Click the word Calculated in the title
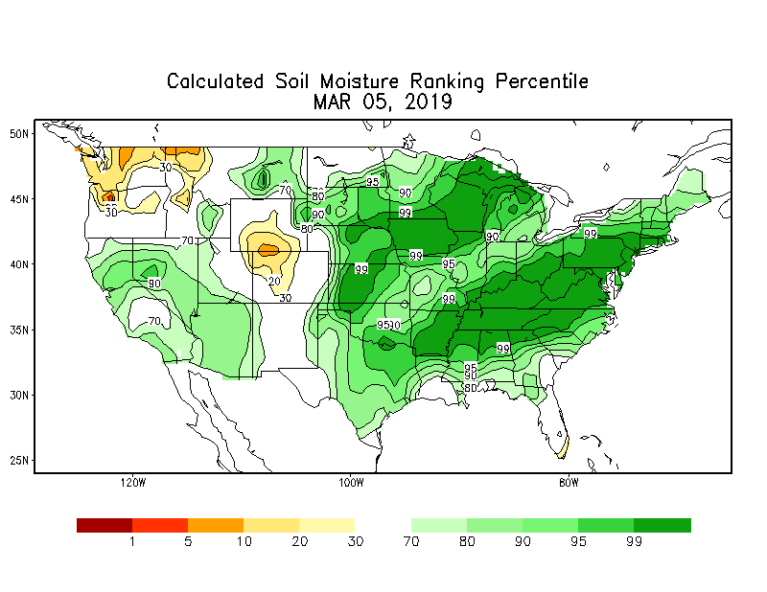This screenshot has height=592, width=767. click(x=216, y=81)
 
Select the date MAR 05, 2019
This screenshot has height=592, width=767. click(x=383, y=102)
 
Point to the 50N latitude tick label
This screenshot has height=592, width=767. click(x=18, y=133)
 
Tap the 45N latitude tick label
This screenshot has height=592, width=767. click(x=18, y=198)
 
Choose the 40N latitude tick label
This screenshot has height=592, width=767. click(x=18, y=263)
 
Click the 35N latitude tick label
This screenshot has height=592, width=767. click(x=18, y=329)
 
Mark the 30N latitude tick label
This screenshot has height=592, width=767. click(x=18, y=394)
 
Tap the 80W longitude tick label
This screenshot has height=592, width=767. click(x=569, y=482)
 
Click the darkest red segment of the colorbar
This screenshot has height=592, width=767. click(x=104, y=525)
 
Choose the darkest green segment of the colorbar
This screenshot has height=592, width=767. click(x=662, y=525)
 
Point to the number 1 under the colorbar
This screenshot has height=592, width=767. click(x=132, y=542)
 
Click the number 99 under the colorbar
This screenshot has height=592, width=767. click(x=635, y=542)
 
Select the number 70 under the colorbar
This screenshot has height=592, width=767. click(x=411, y=542)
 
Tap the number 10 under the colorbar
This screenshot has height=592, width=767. click(x=244, y=542)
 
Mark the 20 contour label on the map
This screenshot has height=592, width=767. click(x=273, y=281)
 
